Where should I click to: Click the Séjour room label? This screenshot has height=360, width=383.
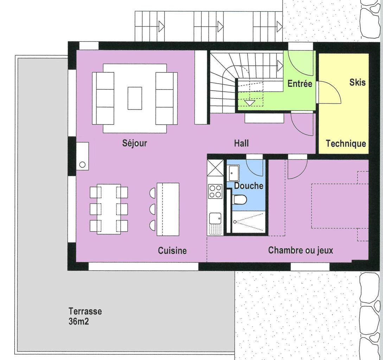click(135, 143)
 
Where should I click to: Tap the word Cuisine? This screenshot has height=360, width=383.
click(172, 250)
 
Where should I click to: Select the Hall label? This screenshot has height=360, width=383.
click(241, 143)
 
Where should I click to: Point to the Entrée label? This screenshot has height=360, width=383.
click(300, 84)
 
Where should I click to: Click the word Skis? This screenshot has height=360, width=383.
click(357, 82)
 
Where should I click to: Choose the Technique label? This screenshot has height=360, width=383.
click(346, 143)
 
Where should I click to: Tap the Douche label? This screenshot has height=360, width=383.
click(249, 186)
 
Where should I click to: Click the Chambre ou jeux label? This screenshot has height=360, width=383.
click(300, 250)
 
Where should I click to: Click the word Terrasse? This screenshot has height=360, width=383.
click(85, 311)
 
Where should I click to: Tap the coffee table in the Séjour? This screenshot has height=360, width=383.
click(135, 98)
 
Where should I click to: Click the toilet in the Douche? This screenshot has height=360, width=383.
click(240, 199)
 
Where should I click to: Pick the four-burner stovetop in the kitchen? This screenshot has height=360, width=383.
click(215, 191)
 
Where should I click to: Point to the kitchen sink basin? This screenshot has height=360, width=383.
click(215, 218)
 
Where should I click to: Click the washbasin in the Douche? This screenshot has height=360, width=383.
click(234, 172)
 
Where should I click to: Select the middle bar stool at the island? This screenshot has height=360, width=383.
click(153, 209)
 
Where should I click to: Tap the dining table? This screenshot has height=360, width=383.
click(109, 209)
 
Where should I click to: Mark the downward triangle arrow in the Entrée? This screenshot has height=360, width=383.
click(250, 103)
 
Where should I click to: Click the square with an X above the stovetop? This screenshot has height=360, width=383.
click(215, 168)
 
